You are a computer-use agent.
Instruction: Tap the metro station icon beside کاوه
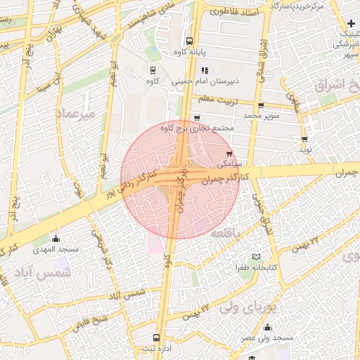pyautogui.click(x=152, y=70)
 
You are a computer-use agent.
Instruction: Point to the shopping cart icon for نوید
pyautogui.click(x=304, y=139)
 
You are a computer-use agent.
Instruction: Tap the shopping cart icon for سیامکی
pyautogui.click(x=229, y=153)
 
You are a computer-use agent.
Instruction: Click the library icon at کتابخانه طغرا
pyautogui.click(x=256, y=257)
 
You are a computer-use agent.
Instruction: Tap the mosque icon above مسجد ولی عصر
pyautogui.click(x=267, y=327)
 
